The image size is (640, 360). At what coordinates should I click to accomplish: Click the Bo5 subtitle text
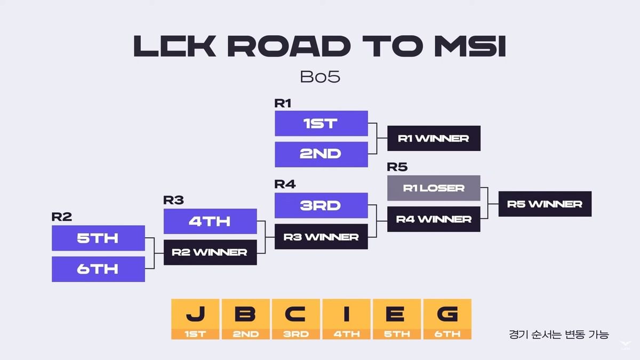point(320,77)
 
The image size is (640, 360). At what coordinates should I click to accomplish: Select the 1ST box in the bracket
point(321,123)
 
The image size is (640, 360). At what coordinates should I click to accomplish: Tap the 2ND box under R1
point(321,154)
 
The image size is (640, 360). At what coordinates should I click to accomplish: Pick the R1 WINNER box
point(434,138)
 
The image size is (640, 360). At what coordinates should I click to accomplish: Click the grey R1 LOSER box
point(434,188)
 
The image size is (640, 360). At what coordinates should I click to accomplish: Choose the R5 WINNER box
point(545,204)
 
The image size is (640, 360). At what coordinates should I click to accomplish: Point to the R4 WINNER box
point(434,219)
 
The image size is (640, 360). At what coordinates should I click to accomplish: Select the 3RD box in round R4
point(321,205)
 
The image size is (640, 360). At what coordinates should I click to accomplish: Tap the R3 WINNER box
point(321,236)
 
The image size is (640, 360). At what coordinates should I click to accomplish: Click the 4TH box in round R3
point(210,221)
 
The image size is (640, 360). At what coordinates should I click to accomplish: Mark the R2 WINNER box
point(210,252)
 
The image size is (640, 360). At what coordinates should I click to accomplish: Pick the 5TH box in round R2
point(98,238)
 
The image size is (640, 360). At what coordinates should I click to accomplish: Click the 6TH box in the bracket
point(98,269)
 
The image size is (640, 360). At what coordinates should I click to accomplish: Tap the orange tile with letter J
point(196,319)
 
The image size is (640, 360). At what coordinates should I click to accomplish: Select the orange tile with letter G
point(447,319)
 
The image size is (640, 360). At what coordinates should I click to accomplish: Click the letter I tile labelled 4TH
point(346,319)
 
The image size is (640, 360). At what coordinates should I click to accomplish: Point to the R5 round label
point(397,167)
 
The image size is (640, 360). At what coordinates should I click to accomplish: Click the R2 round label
point(62,217)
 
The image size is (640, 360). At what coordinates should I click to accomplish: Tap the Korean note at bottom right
point(558,334)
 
